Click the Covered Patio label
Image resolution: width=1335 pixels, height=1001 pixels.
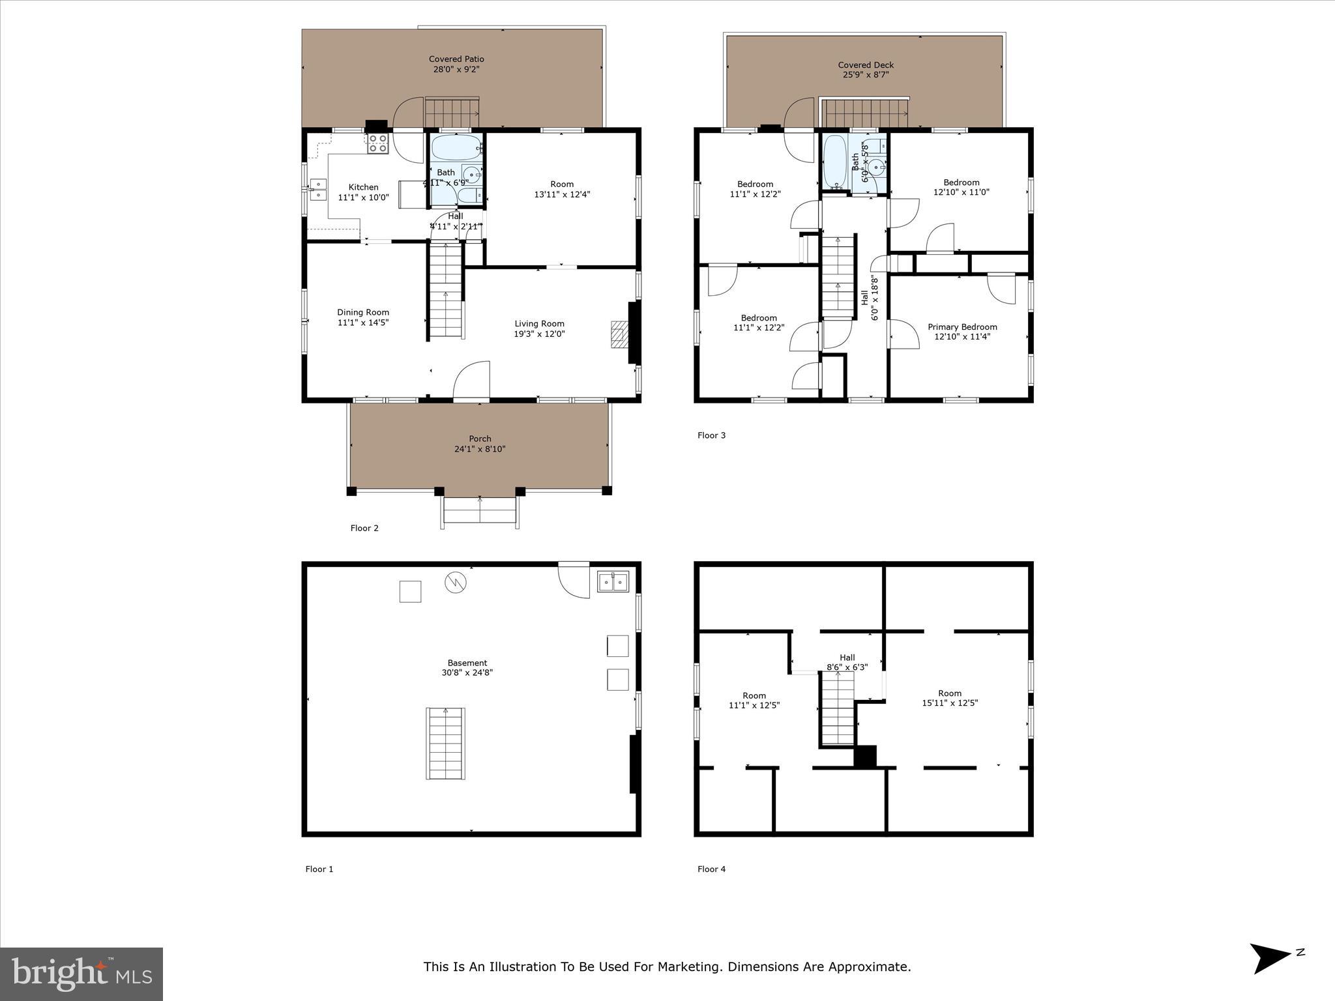(456, 59)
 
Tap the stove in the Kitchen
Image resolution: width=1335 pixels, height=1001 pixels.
(377, 143)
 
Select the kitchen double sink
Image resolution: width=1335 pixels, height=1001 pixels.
(318, 190)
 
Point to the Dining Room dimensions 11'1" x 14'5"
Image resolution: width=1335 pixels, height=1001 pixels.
(363, 323)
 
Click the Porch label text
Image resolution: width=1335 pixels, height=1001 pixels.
(480, 439)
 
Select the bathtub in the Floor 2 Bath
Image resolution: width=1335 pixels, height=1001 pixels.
(455, 148)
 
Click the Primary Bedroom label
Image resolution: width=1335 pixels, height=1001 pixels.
(962, 327)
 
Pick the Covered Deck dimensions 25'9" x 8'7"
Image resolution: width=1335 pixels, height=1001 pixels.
(865, 75)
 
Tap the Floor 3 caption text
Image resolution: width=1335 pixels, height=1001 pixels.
(711, 435)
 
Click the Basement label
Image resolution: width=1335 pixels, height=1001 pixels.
(467, 663)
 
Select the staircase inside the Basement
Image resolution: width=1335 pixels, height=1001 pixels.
(446, 743)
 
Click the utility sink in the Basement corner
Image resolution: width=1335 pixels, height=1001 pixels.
(613, 581)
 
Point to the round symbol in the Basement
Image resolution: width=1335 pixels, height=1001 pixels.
(454, 582)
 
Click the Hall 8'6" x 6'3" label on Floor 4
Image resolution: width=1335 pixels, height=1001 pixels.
(847, 662)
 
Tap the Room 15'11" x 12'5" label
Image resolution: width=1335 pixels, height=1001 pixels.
(950, 698)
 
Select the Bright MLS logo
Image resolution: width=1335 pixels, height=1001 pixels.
(81, 974)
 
